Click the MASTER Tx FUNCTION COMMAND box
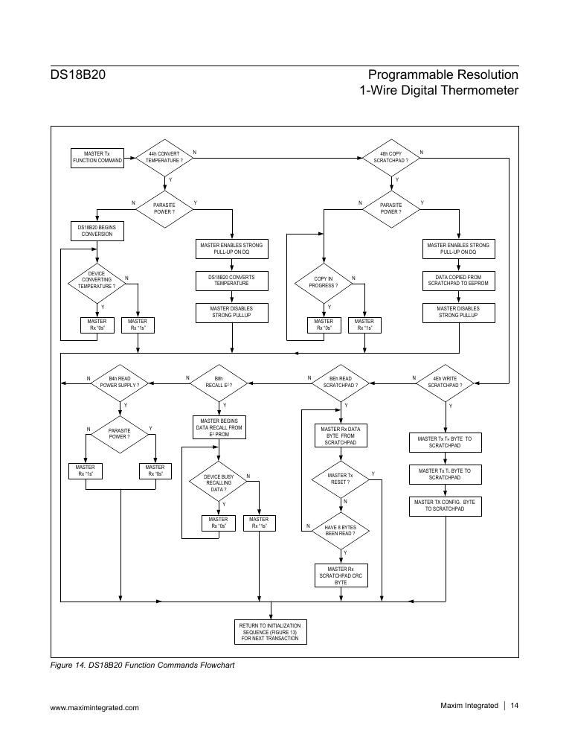[97, 157]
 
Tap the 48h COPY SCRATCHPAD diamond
[390, 157]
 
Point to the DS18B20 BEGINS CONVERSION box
[97, 231]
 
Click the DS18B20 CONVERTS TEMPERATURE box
[232, 280]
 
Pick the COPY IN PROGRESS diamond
[324, 281]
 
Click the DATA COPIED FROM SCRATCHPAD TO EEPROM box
[458, 280]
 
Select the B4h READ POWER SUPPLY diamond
[120, 382]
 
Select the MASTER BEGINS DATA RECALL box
[219, 427]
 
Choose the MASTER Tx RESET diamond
[340, 479]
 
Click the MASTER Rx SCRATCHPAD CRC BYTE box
[341, 576]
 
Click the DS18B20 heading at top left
[71, 75]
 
